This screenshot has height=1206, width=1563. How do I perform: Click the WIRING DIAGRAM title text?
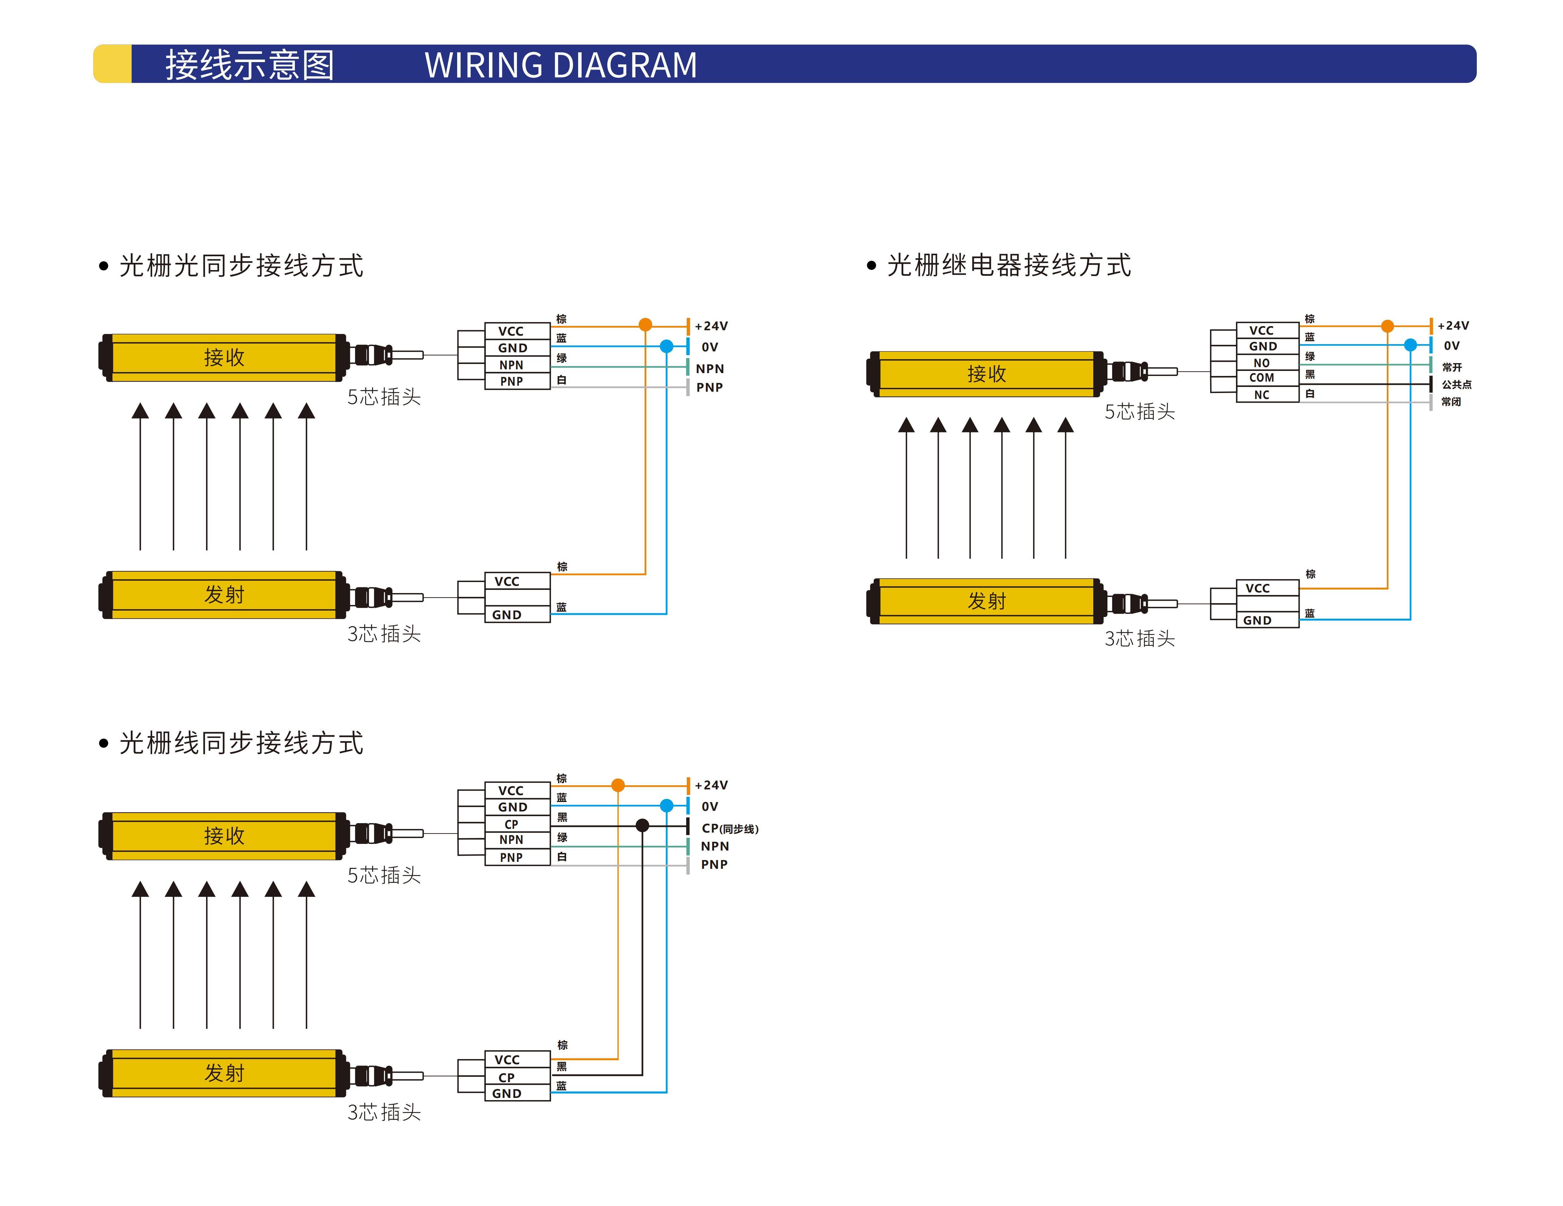560,65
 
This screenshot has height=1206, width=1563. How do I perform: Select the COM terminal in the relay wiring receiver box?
1262,378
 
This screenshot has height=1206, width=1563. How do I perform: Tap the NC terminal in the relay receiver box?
1262,394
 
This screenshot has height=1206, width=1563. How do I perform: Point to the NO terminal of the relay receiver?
1262,363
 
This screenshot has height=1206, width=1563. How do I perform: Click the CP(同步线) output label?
729,828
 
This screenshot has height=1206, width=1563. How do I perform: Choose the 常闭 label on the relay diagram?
1451,401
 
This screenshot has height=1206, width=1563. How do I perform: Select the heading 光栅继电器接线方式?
1009,266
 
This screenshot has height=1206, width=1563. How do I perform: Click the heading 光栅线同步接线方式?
241,743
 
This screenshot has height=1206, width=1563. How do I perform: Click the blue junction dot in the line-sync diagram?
666,805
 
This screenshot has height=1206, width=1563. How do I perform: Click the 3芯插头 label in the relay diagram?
1139,638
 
